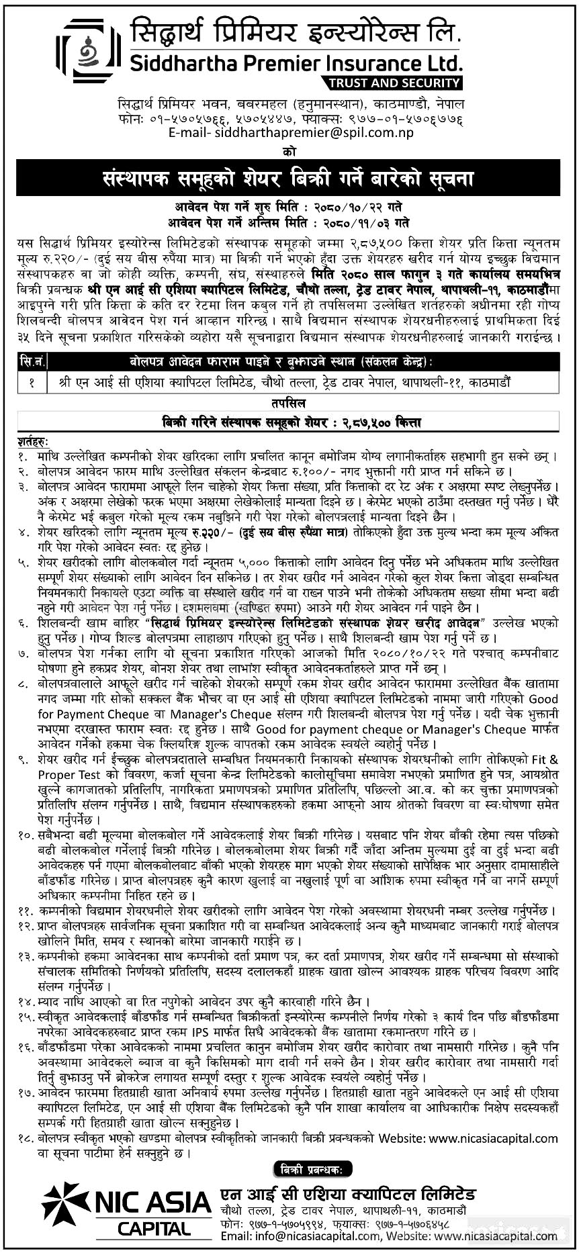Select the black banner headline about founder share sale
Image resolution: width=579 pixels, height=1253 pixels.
point(288,179)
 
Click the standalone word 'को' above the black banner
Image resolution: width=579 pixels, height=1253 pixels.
point(289,152)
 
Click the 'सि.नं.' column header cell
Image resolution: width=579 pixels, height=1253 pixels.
point(32,362)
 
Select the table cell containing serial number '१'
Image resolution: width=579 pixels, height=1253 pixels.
point(32,382)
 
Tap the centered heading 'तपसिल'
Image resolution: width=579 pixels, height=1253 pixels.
point(289,402)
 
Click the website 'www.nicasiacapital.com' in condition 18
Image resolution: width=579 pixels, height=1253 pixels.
point(493,1138)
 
